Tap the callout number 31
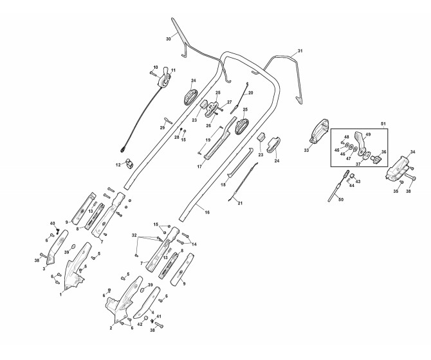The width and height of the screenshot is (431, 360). tap(299, 51)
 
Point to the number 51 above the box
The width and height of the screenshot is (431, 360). tap(384, 123)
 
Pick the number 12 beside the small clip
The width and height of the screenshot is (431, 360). tap(118, 166)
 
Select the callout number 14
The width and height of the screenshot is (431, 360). tap(194, 244)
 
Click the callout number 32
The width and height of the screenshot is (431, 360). tap(134, 236)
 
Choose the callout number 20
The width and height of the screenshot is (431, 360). tap(250, 93)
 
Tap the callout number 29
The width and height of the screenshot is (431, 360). tap(162, 127)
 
